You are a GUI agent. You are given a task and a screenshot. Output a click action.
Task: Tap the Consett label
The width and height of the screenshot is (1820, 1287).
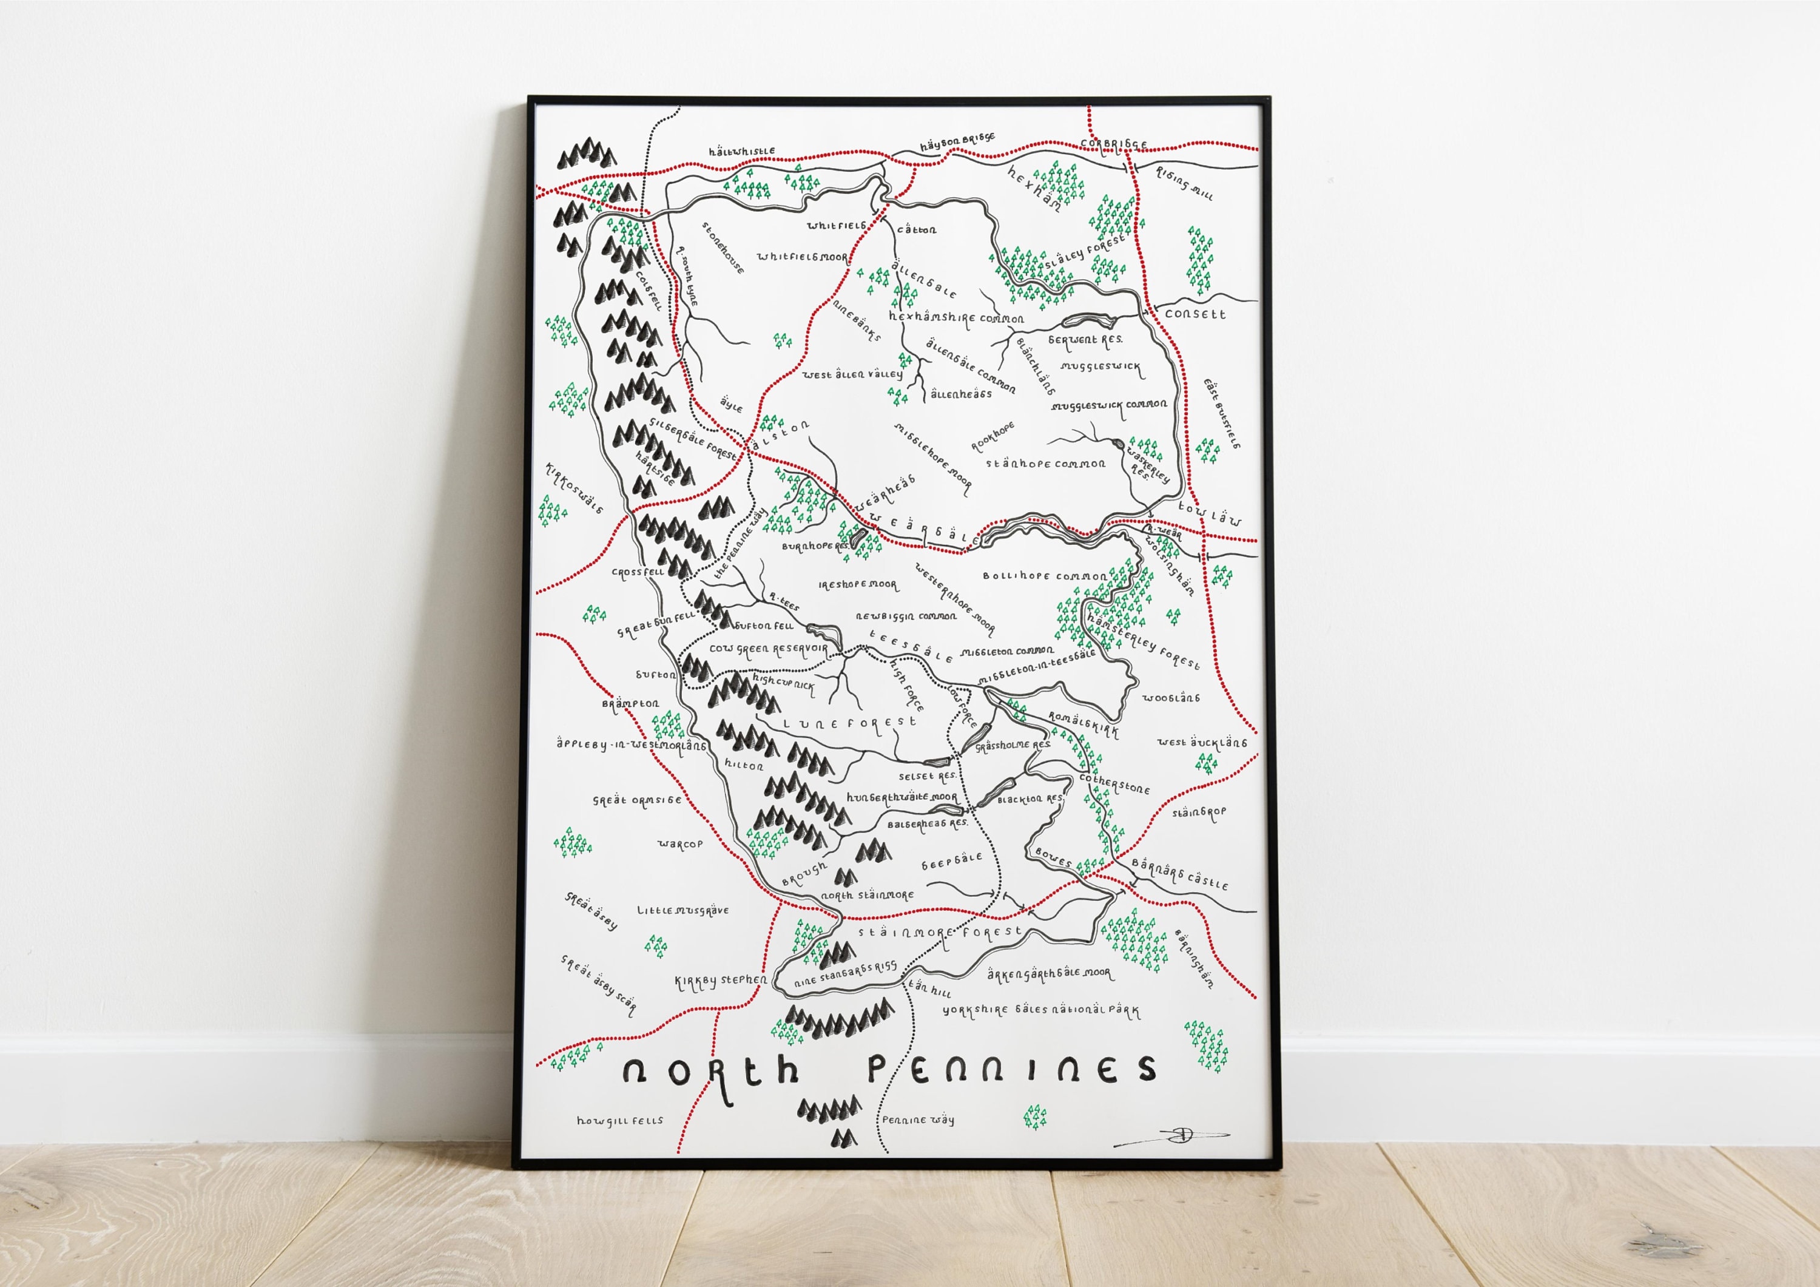click(x=1195, y=314)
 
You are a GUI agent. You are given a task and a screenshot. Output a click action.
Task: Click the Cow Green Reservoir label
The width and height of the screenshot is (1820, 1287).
click(x=767, y=649)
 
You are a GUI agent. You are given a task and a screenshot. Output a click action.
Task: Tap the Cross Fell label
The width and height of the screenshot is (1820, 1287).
click(x=638, y=572)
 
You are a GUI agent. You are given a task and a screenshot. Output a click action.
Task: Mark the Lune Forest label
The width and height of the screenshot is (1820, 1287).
click(x=850, y=723)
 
